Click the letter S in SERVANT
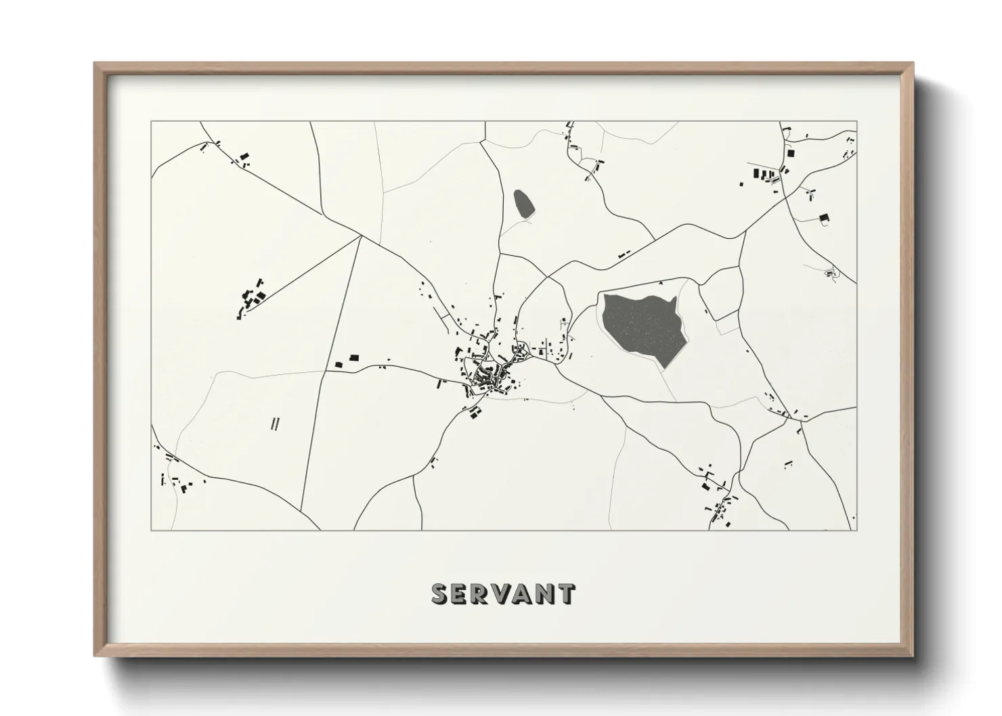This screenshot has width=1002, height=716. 441,594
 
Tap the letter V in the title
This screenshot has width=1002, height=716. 501,594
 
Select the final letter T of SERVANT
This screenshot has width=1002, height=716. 567,594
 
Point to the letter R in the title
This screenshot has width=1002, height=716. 480,594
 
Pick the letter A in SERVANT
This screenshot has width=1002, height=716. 522,594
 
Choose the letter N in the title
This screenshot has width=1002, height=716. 545,594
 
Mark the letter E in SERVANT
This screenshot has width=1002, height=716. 460,594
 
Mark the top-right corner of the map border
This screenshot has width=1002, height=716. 856,122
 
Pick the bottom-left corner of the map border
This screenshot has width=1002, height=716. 152,530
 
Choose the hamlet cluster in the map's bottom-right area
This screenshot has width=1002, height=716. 718,497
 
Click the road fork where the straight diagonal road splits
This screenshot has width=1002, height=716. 360,237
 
